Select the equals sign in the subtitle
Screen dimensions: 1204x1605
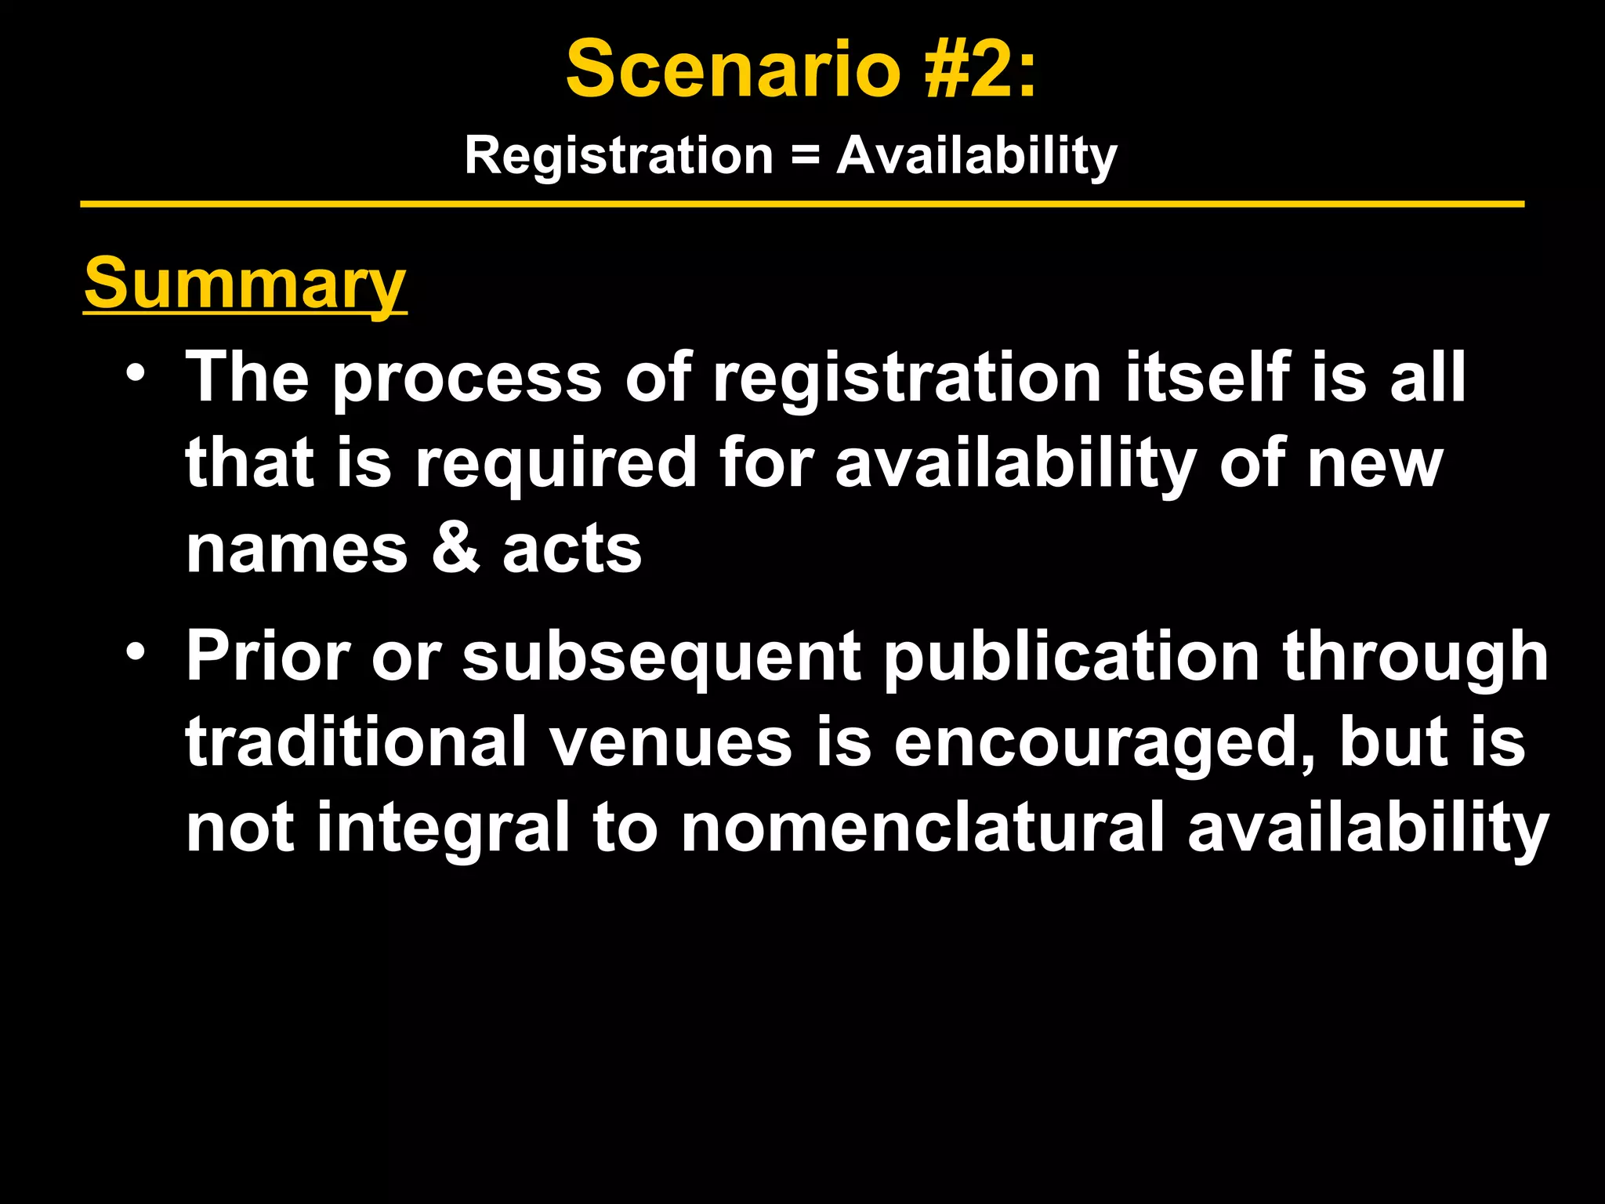point(805,154)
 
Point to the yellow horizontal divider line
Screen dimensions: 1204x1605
point(802,205)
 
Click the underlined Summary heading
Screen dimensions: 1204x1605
point(245,283)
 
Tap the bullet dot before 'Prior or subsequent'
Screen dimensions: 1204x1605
point(136,650)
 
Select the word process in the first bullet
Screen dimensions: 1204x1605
point(467,379)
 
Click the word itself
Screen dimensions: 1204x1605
point(1207,377)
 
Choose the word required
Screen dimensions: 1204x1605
point(556,464)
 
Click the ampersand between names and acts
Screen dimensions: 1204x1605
point(455,548)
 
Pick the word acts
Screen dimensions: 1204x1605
point(572,549)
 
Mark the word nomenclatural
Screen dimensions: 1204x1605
point(922,828)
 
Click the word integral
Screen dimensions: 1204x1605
point(443,829)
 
